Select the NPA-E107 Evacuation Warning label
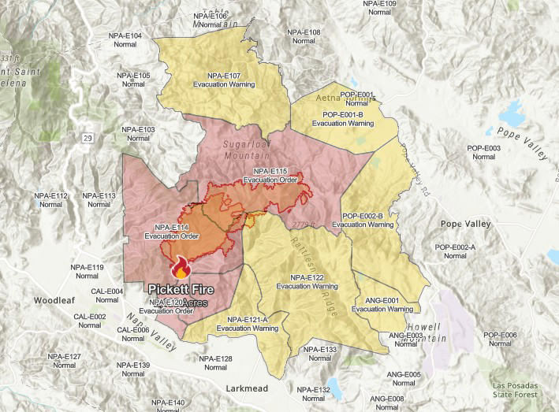tap(217, 80)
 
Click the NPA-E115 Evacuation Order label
tap(270, 176)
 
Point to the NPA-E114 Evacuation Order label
tap(171, 232)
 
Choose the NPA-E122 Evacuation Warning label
tap(307, 282)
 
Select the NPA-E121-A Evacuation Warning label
tap(242, 323)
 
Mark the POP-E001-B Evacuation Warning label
tap(342, 119)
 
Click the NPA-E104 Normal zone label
tap(125, 40)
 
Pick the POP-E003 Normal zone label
tap(483, 152)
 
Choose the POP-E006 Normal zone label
tap(500, 340)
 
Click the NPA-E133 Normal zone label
tap(319, 353)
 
